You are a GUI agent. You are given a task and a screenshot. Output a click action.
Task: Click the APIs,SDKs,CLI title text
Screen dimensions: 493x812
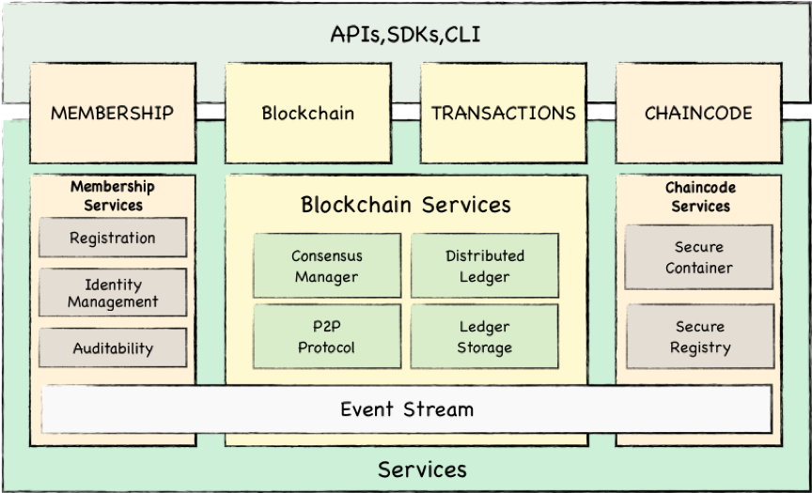coord(406,34)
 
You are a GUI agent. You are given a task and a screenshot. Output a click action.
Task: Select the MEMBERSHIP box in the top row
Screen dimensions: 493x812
coord(113,113)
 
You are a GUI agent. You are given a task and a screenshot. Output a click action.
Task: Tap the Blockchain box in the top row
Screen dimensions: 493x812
coord(307,113)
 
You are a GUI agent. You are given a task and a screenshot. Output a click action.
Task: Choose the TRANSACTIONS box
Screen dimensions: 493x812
coord(503,113)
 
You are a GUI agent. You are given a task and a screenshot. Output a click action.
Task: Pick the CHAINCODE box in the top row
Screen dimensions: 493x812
coord(698,113)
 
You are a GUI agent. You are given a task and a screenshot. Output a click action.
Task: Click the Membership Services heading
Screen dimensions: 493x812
coord(113,195)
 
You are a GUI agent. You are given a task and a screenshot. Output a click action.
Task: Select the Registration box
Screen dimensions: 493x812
coord(113,238)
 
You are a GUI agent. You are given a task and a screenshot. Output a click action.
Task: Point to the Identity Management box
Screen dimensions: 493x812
coord(113,293)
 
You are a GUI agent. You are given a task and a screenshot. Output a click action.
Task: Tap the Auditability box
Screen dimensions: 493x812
coord(113,347)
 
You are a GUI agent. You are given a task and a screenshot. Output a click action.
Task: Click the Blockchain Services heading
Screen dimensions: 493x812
coord(406,204)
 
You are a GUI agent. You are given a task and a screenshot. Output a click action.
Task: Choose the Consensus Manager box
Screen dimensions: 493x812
coord(326,266)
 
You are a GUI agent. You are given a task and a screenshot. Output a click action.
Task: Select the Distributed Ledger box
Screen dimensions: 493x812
coord(485,266)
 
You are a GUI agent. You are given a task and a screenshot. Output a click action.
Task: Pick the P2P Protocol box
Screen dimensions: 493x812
coord(326,337)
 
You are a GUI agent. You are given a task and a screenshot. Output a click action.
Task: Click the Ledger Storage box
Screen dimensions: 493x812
coord(485,337)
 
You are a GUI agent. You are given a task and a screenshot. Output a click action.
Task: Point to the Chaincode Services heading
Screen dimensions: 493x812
coord(700,196)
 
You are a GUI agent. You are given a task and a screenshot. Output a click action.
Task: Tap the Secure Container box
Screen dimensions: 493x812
coord(699,257)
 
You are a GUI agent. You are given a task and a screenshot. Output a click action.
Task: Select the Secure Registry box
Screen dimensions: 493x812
coord(699,337)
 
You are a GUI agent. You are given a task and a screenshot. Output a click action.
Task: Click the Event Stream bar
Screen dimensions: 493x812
coord(406,409)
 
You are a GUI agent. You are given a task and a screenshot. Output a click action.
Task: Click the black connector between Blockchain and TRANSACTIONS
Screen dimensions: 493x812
coord(405,112)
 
